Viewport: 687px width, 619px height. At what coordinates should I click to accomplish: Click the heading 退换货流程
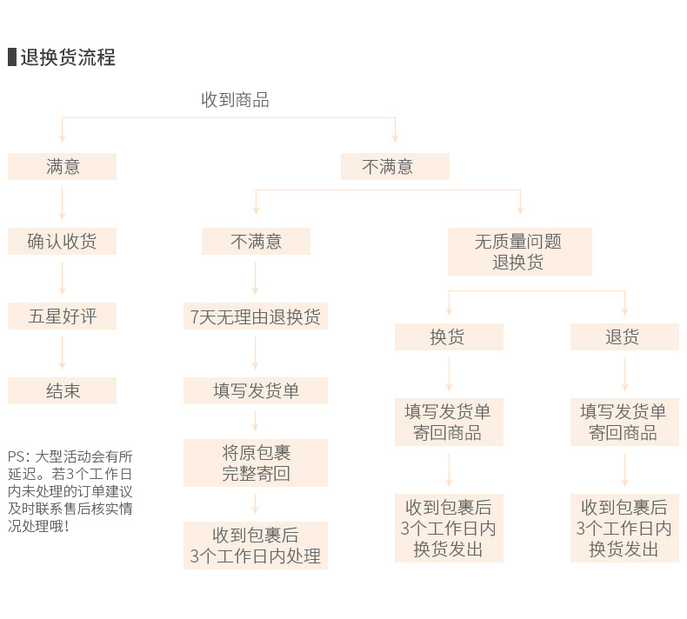(68, 57)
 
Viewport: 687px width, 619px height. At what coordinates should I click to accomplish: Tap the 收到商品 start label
(235, 100)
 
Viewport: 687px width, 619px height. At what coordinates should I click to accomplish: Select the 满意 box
(62, 167)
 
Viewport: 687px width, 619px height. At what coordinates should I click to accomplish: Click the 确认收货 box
(62, 242)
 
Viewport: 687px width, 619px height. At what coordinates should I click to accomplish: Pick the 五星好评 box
(62, 316)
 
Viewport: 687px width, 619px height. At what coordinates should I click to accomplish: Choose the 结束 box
(62, 391)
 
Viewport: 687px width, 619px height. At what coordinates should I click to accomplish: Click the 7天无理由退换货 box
(256, 316)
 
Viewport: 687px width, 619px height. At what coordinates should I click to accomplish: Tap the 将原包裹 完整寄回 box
(256, 463)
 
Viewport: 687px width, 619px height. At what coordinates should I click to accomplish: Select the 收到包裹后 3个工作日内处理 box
(256, 545)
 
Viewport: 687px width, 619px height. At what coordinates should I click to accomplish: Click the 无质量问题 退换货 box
(519, 251)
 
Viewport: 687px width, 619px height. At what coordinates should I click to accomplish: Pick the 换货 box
(449, 336)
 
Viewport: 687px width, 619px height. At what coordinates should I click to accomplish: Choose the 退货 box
(624, 336)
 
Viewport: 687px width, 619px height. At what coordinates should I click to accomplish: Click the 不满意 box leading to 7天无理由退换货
(256, 242)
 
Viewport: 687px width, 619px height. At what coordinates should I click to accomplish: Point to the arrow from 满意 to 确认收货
(62, 204)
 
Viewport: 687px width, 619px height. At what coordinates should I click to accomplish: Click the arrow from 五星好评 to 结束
(62, 354)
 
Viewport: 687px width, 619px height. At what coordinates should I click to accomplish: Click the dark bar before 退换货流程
(11, 57)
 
